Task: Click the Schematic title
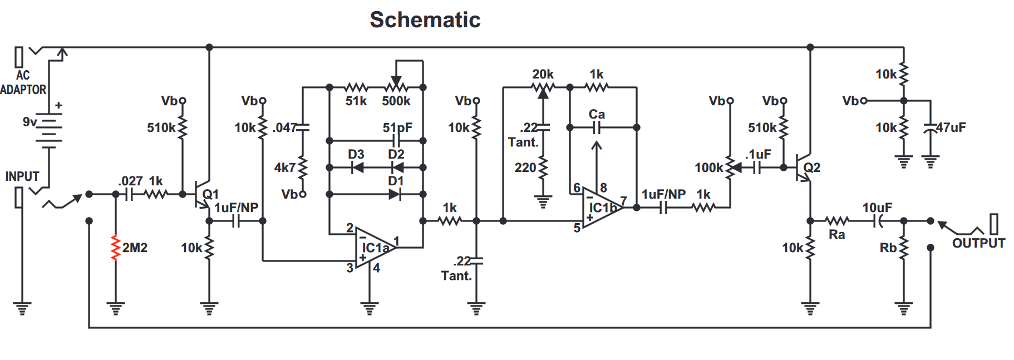tap(425, 20)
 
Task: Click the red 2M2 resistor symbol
tap(116, 248)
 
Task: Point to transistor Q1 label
tap(210, 194)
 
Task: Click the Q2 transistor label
tap(811, 167)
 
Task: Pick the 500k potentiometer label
tap(396, 101)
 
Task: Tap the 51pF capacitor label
tap(397, 127)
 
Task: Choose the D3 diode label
tap(356, 154)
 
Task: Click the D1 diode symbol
tap(394, 194)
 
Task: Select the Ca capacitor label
tap(597, 114)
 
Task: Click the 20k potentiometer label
tap(543, 74)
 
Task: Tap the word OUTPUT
tap(978, 243)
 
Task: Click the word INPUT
tap(22, 176)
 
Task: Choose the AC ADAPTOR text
tap(23, 82)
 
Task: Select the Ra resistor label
tap(836, 235)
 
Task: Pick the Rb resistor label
tap(888, 248)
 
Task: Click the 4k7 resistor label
tap(284, 167)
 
